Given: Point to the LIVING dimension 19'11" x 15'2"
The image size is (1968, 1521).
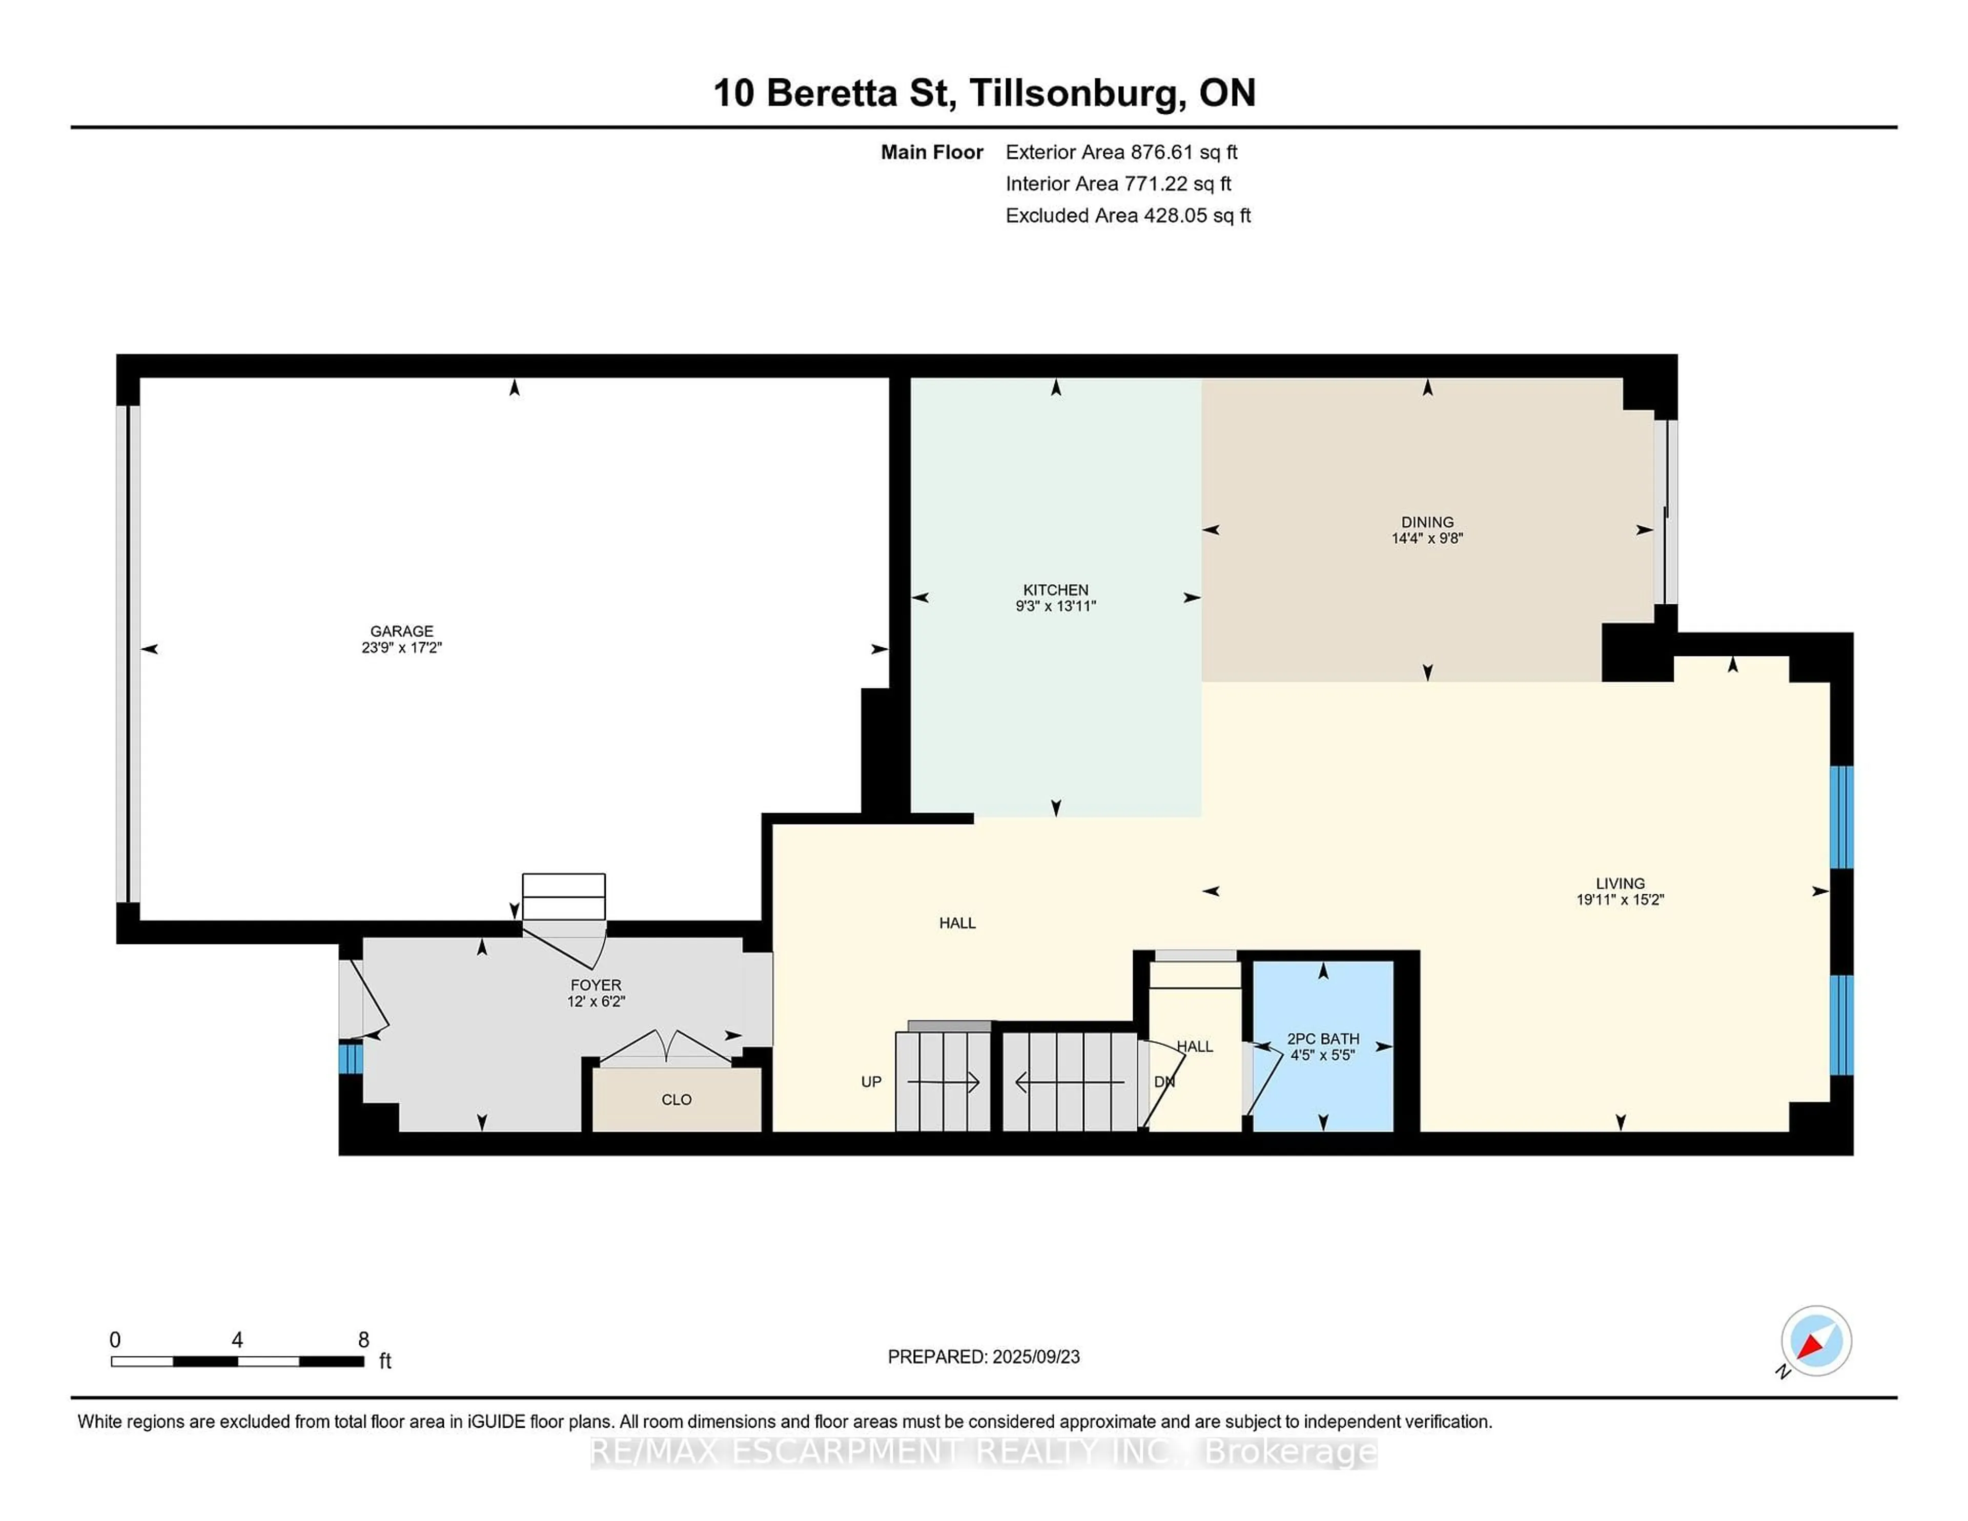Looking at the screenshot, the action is [1620, 899].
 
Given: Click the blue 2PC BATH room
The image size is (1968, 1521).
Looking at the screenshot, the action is [1323, 1045].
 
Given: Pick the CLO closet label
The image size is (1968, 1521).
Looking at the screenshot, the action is [676, 1099].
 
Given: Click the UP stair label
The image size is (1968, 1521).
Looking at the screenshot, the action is [871, 1081].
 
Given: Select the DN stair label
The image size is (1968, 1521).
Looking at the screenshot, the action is [1164, 1081].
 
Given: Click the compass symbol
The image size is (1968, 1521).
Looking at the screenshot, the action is [1816, 1341].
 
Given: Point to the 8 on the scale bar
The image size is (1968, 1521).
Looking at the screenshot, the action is [364, 1340].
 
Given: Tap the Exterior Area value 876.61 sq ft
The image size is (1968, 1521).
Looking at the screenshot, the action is [1184, 152].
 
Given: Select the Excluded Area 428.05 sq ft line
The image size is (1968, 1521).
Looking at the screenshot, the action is [1128, 215].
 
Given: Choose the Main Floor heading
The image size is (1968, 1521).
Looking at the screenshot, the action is [932, 152].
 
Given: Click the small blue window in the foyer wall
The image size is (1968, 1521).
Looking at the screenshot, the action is [351, 1058].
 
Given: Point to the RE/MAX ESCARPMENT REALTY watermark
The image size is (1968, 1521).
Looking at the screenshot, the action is [984, 1452].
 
